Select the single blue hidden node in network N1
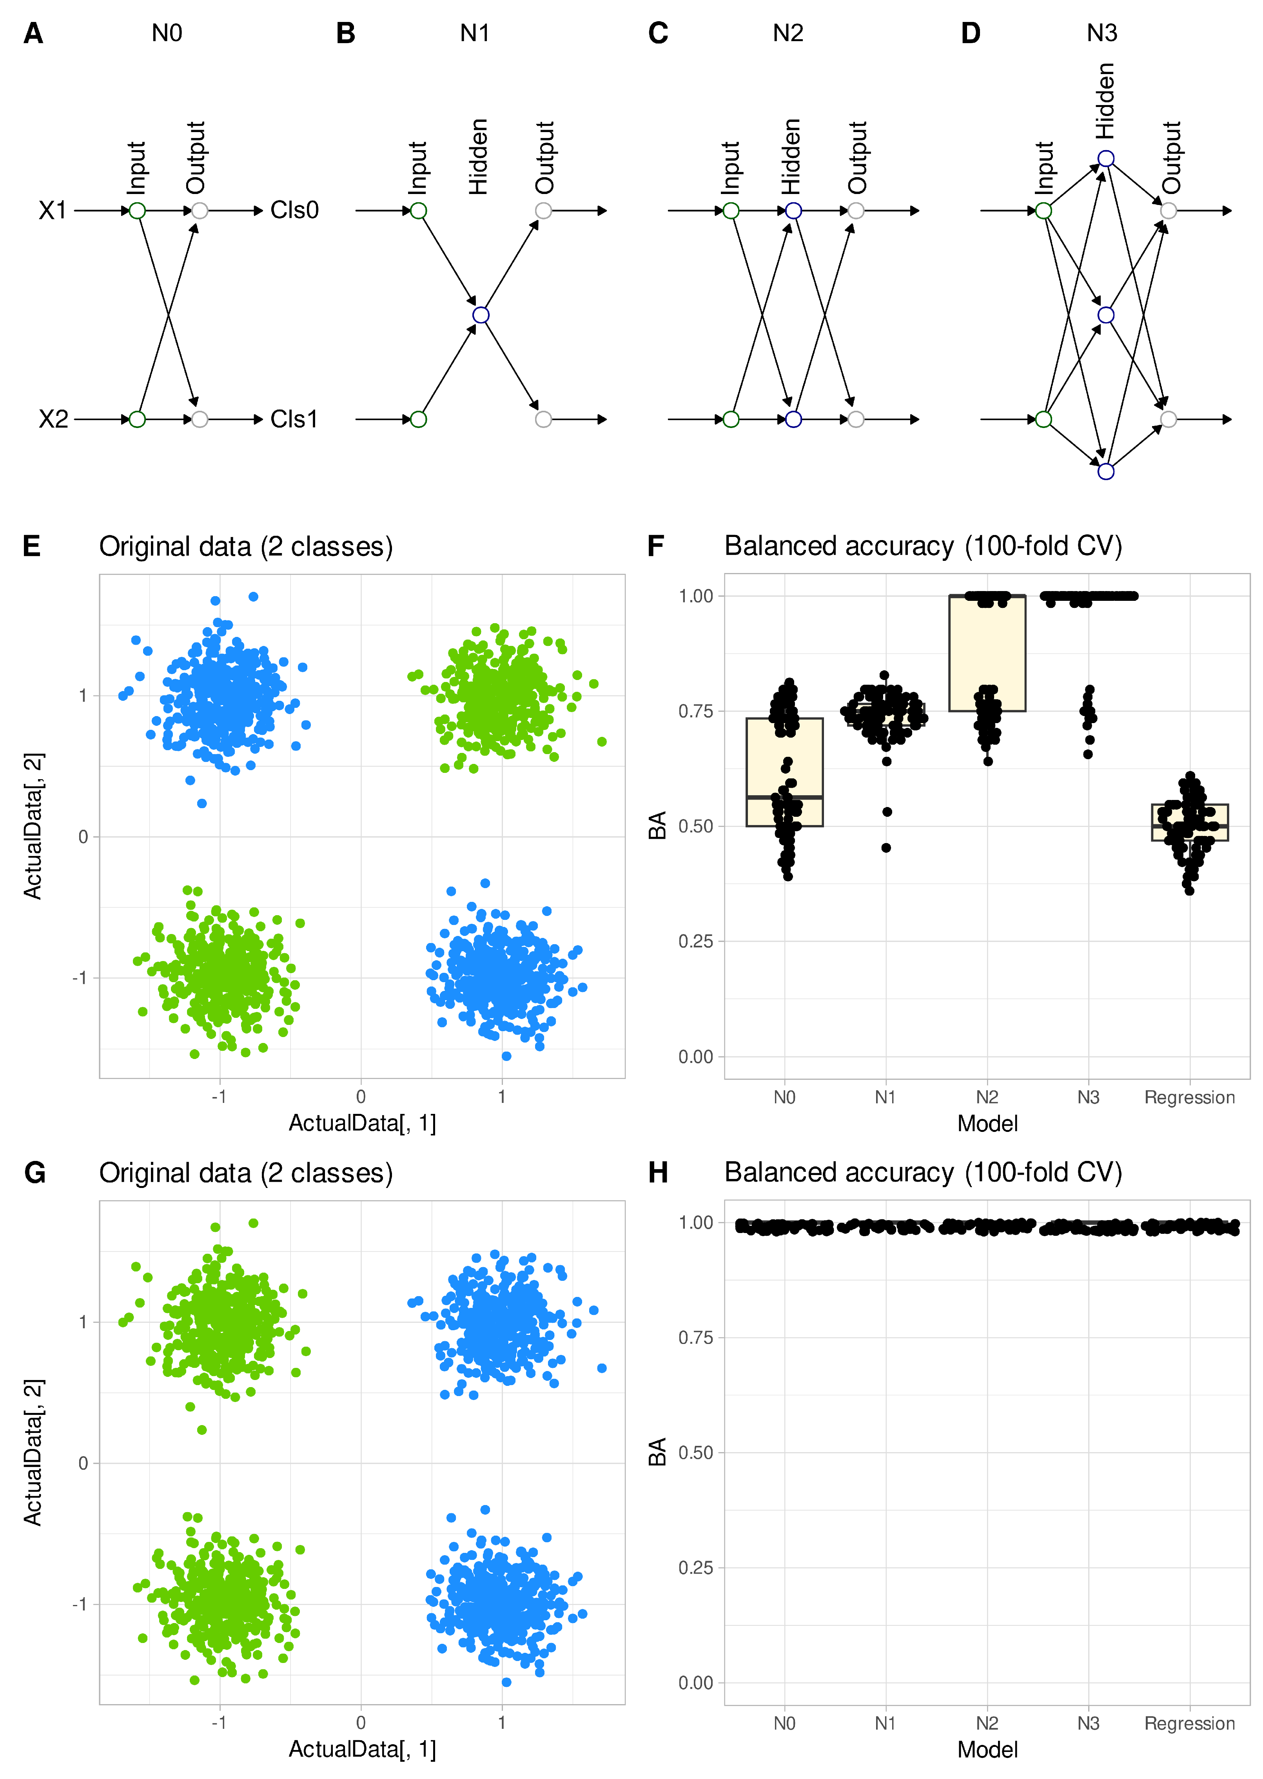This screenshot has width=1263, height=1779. tap(481, 315)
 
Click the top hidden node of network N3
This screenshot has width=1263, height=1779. tap(1105, 159)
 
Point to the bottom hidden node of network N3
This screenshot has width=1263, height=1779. tap(1105, 471)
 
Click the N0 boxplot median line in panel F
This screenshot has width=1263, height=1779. tap(784, 797)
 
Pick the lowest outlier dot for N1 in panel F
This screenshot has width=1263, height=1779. tap(886, 847)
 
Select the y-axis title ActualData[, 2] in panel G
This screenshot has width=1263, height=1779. tap(33, 1453)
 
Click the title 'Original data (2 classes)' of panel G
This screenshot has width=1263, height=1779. tap(246, 1173)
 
